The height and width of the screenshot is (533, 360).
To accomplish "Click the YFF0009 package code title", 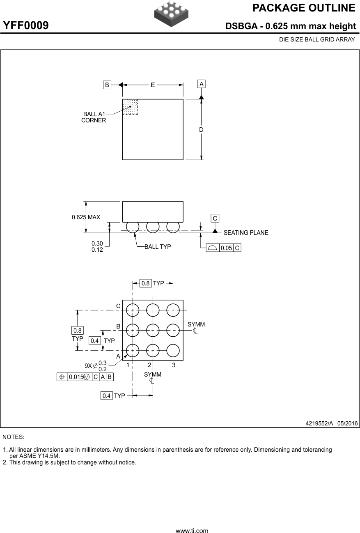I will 26,26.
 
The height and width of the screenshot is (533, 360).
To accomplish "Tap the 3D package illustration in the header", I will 171,14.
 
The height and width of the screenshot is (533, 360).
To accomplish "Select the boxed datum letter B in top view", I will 107,85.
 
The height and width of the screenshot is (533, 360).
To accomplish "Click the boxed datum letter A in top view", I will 201,84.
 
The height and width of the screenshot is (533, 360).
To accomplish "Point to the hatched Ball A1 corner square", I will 130,107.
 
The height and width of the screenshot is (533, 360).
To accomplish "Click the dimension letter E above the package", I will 153,85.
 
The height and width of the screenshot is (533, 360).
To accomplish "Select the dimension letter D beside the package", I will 201,130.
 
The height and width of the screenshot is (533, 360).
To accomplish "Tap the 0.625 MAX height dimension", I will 86,217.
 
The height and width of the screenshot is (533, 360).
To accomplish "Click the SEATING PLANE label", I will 245,233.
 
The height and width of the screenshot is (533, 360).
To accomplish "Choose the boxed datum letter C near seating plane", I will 215,218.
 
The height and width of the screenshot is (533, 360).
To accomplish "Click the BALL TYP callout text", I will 158,247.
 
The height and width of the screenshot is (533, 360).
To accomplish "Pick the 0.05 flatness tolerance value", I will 226,248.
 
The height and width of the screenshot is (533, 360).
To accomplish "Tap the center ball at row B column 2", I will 153,330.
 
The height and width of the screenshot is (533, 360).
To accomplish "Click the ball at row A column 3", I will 173,351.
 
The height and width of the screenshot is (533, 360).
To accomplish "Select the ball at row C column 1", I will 133,310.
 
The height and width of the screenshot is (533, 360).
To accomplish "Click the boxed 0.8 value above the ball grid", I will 145,283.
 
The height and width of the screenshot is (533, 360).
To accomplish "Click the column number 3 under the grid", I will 174,365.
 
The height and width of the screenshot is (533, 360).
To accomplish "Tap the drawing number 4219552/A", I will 319,423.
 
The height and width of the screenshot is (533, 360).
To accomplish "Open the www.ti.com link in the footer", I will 192,531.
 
